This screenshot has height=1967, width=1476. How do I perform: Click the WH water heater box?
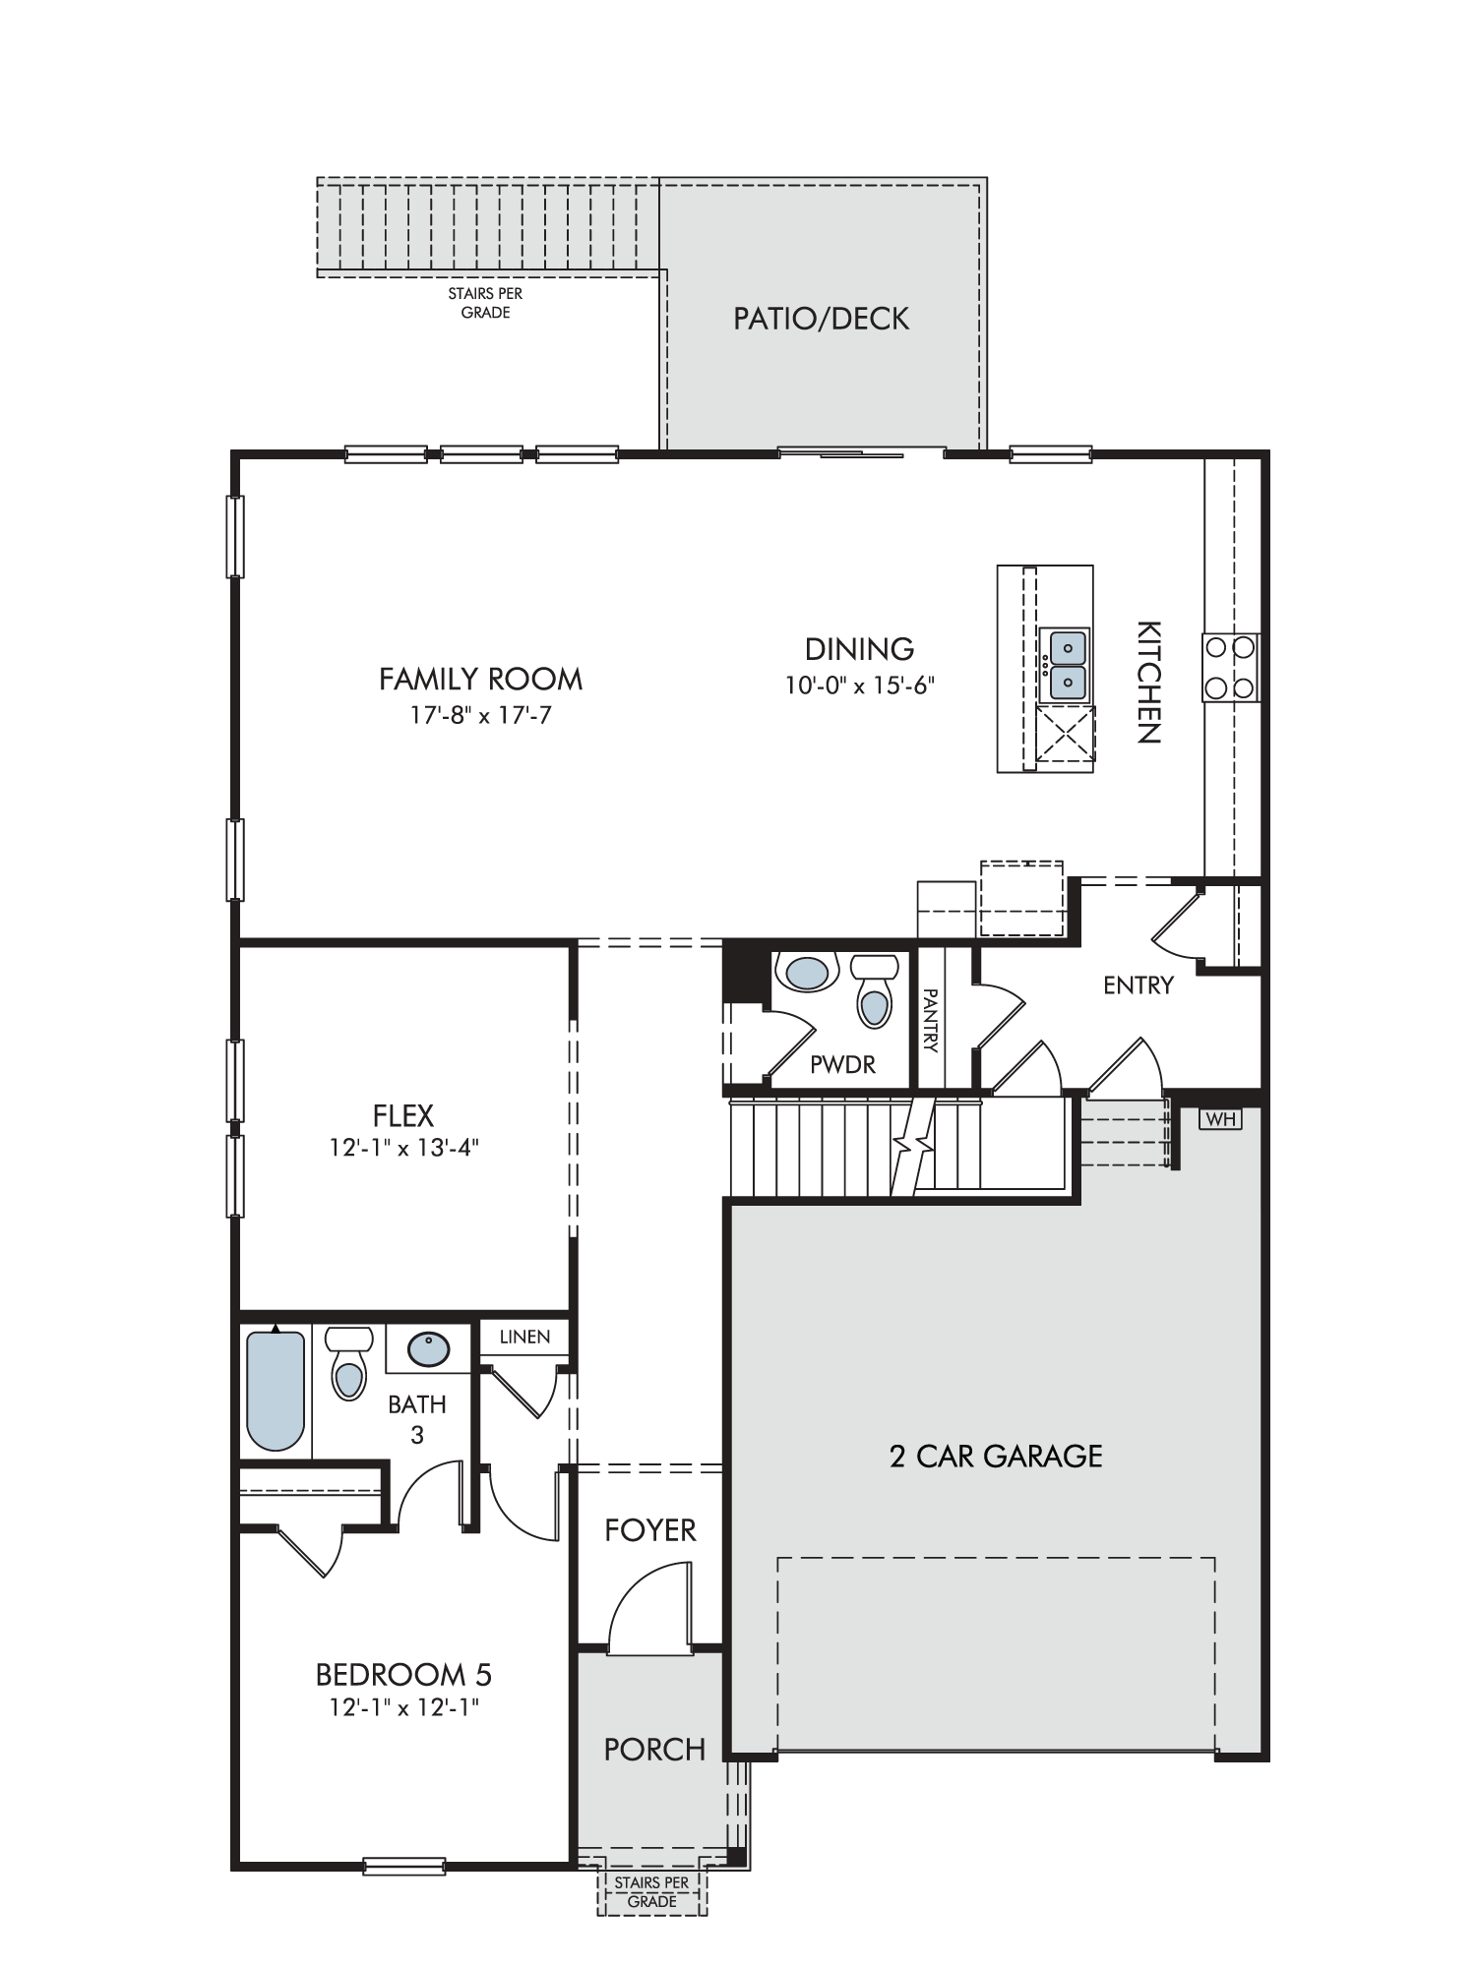click(x=1220, y=1119)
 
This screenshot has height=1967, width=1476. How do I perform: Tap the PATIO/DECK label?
click(x=821, y=319)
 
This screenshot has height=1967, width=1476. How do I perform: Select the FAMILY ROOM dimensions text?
click(x=480, y=715)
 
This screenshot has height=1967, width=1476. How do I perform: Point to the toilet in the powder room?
click(x=873, y=991)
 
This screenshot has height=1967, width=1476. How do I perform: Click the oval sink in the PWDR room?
click(x=806, y=973)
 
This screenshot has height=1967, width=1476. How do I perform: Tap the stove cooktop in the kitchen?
click(x=1231, y=668)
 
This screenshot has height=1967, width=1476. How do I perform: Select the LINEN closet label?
click(x=524, y=1338)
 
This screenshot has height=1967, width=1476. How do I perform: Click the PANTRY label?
click(x=930, y=1021)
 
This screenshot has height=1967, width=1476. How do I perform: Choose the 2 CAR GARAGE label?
click(x=996, y=1456)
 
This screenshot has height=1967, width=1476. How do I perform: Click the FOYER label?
click(x=650, y=1529)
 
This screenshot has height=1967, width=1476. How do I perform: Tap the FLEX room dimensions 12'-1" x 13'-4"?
click(x=403, y=1148)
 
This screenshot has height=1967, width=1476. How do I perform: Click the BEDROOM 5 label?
click(x=403, y=1674)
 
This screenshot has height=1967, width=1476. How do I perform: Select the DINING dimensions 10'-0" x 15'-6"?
click(x=859, y=685)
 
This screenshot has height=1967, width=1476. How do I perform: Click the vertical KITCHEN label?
click(x=1149, y=682)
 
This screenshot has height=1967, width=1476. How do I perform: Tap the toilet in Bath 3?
click(x=348, y=1363)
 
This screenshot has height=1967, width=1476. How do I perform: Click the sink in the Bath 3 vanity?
click(x=428, y=1348)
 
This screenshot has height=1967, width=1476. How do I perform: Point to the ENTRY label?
click(x=1138, y=985)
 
